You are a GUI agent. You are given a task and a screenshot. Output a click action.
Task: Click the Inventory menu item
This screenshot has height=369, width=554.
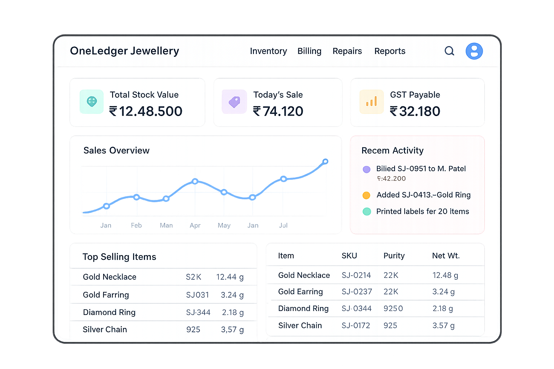point(268,51)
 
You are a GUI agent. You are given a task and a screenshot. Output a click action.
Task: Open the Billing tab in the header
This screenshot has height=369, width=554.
point(309,51)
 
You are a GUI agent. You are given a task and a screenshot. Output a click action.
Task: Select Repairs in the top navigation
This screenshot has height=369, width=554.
point(347,51)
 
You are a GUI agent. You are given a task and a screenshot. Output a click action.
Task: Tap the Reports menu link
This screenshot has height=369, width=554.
point(390,51)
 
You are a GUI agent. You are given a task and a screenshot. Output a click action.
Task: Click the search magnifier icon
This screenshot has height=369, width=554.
point(449,51)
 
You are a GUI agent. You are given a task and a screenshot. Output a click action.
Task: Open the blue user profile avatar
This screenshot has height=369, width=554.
point(474,51)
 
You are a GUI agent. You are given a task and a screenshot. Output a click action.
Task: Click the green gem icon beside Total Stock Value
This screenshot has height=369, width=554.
point(92,102)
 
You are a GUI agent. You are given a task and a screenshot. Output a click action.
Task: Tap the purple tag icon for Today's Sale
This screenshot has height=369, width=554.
point(234,102)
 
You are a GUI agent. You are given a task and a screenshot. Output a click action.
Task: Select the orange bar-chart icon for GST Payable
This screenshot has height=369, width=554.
point(371,102)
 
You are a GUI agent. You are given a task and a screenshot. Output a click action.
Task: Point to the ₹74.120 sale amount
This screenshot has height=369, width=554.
point(278,111)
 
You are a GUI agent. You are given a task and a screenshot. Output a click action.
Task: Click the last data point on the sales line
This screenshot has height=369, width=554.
point(325,161)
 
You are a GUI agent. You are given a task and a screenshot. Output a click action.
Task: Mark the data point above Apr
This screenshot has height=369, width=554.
point(195,181)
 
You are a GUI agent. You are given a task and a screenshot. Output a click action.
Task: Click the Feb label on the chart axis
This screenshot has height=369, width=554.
point(136,225)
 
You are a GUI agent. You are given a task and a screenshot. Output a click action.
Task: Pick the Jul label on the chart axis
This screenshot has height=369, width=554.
point(283,225)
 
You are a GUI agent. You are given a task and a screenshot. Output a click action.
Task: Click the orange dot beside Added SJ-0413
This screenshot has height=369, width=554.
point(366,195)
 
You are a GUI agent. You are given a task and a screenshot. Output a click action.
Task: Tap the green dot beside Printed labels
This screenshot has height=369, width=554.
point(366,212)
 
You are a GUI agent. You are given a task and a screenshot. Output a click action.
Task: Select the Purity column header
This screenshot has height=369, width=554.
point(394,256)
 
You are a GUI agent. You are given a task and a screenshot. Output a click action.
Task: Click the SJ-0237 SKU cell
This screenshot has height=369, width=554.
point(357,292)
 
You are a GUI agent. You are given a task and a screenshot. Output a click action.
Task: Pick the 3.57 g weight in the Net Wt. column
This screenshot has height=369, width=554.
point(443,325)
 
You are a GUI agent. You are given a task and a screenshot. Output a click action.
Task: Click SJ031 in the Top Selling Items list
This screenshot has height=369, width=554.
point(197,295)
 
